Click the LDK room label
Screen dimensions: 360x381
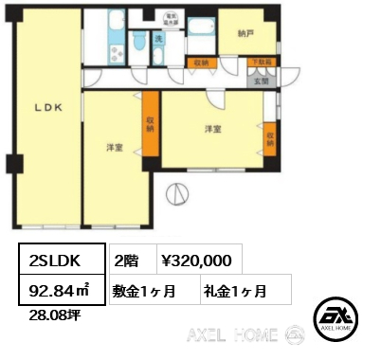coord(48,108)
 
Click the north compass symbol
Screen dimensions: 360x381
coord(176,196)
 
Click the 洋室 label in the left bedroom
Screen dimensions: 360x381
coord(115,147)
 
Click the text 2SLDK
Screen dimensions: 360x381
coord(55,260)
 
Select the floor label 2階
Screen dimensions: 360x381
coord(128,259)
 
